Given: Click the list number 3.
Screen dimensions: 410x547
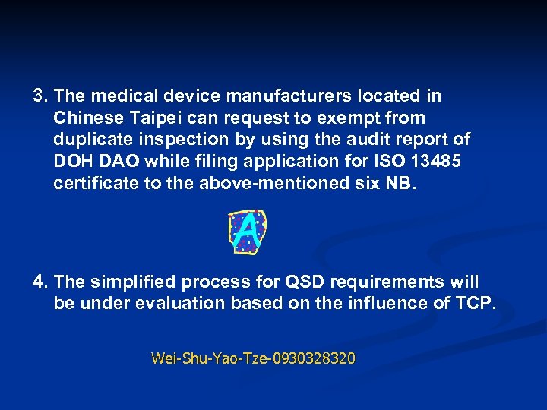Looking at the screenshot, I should click(x=40, y=96).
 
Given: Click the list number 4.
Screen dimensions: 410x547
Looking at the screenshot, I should click(x=40, y=282).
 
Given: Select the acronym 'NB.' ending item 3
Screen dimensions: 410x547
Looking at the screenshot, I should click(x=402, y=184).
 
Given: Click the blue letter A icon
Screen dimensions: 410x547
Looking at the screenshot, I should click(x=247, y=232).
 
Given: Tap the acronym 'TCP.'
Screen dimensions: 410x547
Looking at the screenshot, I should click(x=476, y=304).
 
